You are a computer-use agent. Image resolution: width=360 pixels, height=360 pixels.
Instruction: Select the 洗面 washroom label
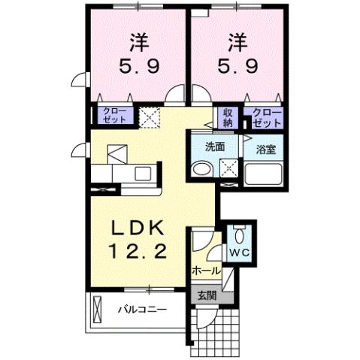click(x=216, y=147)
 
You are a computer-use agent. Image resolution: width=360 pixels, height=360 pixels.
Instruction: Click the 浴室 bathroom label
click(x=266, y=148)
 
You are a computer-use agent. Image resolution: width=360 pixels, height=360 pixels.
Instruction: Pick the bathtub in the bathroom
click(x=263, y=174)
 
